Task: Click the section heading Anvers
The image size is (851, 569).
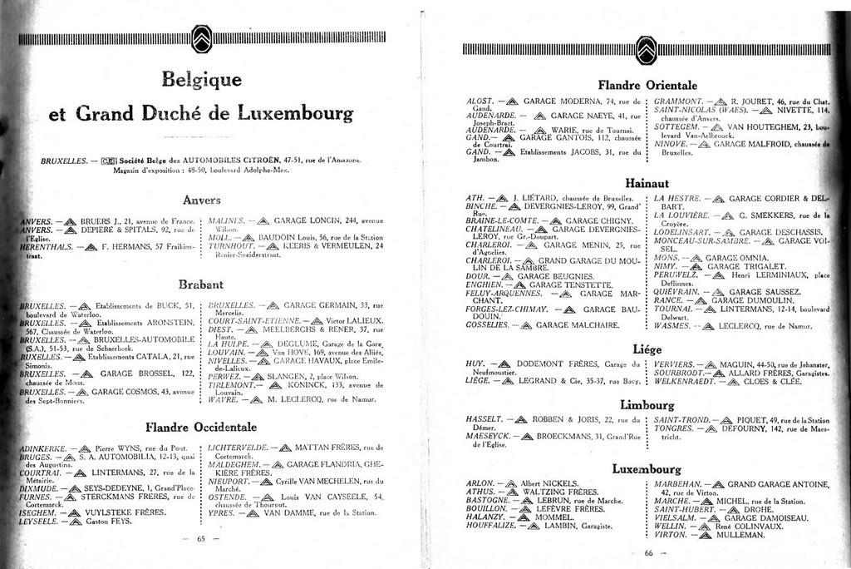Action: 202,200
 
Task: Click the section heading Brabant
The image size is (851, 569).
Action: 202,284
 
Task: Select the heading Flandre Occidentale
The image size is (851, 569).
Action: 202,428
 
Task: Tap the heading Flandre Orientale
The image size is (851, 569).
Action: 647,85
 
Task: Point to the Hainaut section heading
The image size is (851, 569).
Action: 647,181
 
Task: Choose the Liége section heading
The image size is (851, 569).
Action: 647,349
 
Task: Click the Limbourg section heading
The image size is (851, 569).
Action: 647,404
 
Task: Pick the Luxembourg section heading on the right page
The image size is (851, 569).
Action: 647,468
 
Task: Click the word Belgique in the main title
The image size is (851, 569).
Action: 202,80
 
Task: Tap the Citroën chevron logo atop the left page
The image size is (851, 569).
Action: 202,38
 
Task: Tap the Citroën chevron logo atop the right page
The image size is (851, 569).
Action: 647,48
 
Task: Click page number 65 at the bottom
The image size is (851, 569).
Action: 201,538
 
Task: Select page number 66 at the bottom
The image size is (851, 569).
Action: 648,554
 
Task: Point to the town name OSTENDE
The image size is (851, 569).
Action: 226,497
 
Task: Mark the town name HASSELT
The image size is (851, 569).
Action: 485,419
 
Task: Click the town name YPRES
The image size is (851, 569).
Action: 221,513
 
